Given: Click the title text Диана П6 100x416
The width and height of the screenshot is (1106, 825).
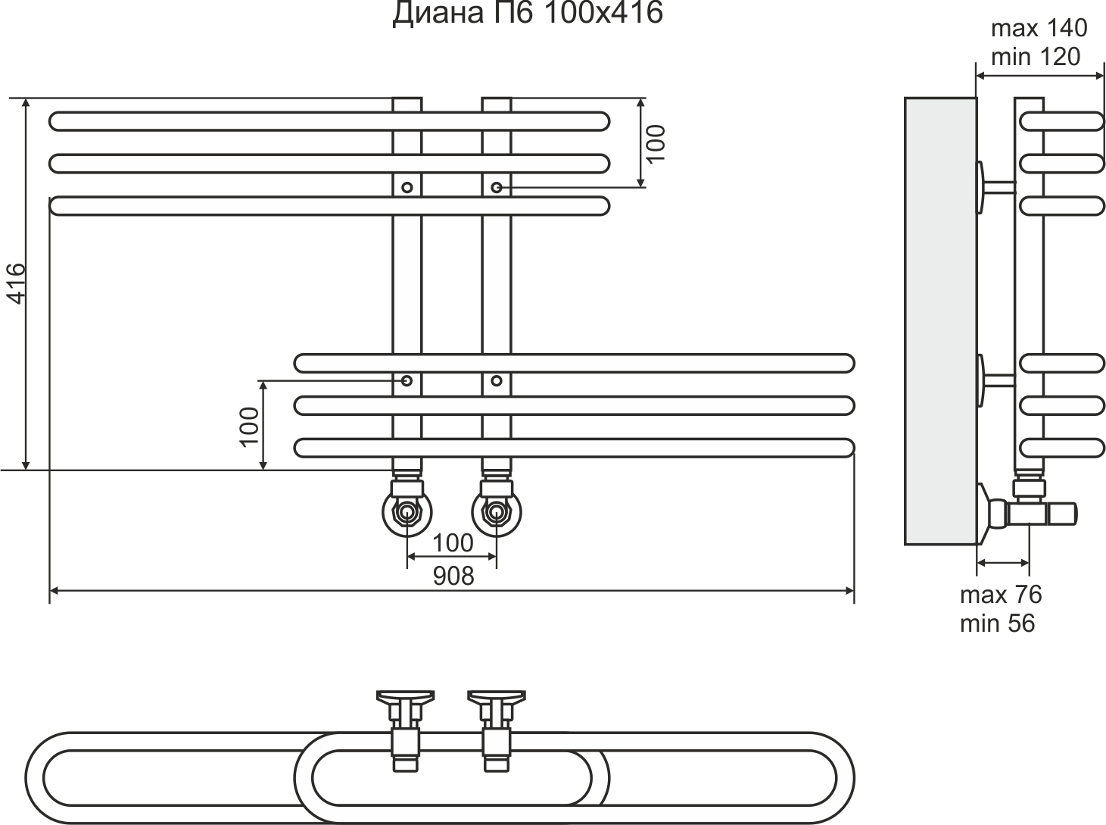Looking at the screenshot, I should click(x=527, y=14).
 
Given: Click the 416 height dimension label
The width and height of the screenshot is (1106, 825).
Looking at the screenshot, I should click(x=16, y=283).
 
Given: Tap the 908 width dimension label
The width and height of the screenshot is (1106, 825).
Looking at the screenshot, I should click(x=453, y=576).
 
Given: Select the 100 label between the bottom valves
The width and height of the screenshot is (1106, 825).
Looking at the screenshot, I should click(x=453, y=542).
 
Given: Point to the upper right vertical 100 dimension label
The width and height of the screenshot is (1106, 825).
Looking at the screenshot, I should click(x=656, y=142).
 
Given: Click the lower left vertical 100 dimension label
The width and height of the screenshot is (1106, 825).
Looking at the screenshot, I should click(x=249, y=426).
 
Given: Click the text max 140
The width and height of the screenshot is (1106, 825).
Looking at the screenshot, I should click(x=1039, y=29).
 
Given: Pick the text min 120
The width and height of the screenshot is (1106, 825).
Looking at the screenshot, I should click(x=1035, y=57).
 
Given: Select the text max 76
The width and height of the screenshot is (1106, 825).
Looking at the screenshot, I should click(x=1001, y=595).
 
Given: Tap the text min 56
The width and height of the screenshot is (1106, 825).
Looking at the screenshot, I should click(x=997, y=623).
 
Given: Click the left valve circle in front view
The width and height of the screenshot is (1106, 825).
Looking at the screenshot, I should click(x=407, y=512).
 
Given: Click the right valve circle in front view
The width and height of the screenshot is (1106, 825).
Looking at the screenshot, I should click(x=497, y=512).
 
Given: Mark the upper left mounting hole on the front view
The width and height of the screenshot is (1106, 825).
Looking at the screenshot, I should click(x=407, y=186).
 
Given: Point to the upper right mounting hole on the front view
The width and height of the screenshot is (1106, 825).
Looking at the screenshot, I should click(x=497, y=186).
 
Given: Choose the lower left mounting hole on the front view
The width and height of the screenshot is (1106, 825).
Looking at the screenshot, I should click(x=407, y=380).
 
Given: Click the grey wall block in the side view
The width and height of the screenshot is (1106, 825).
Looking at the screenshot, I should click(x=939, y=320).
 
